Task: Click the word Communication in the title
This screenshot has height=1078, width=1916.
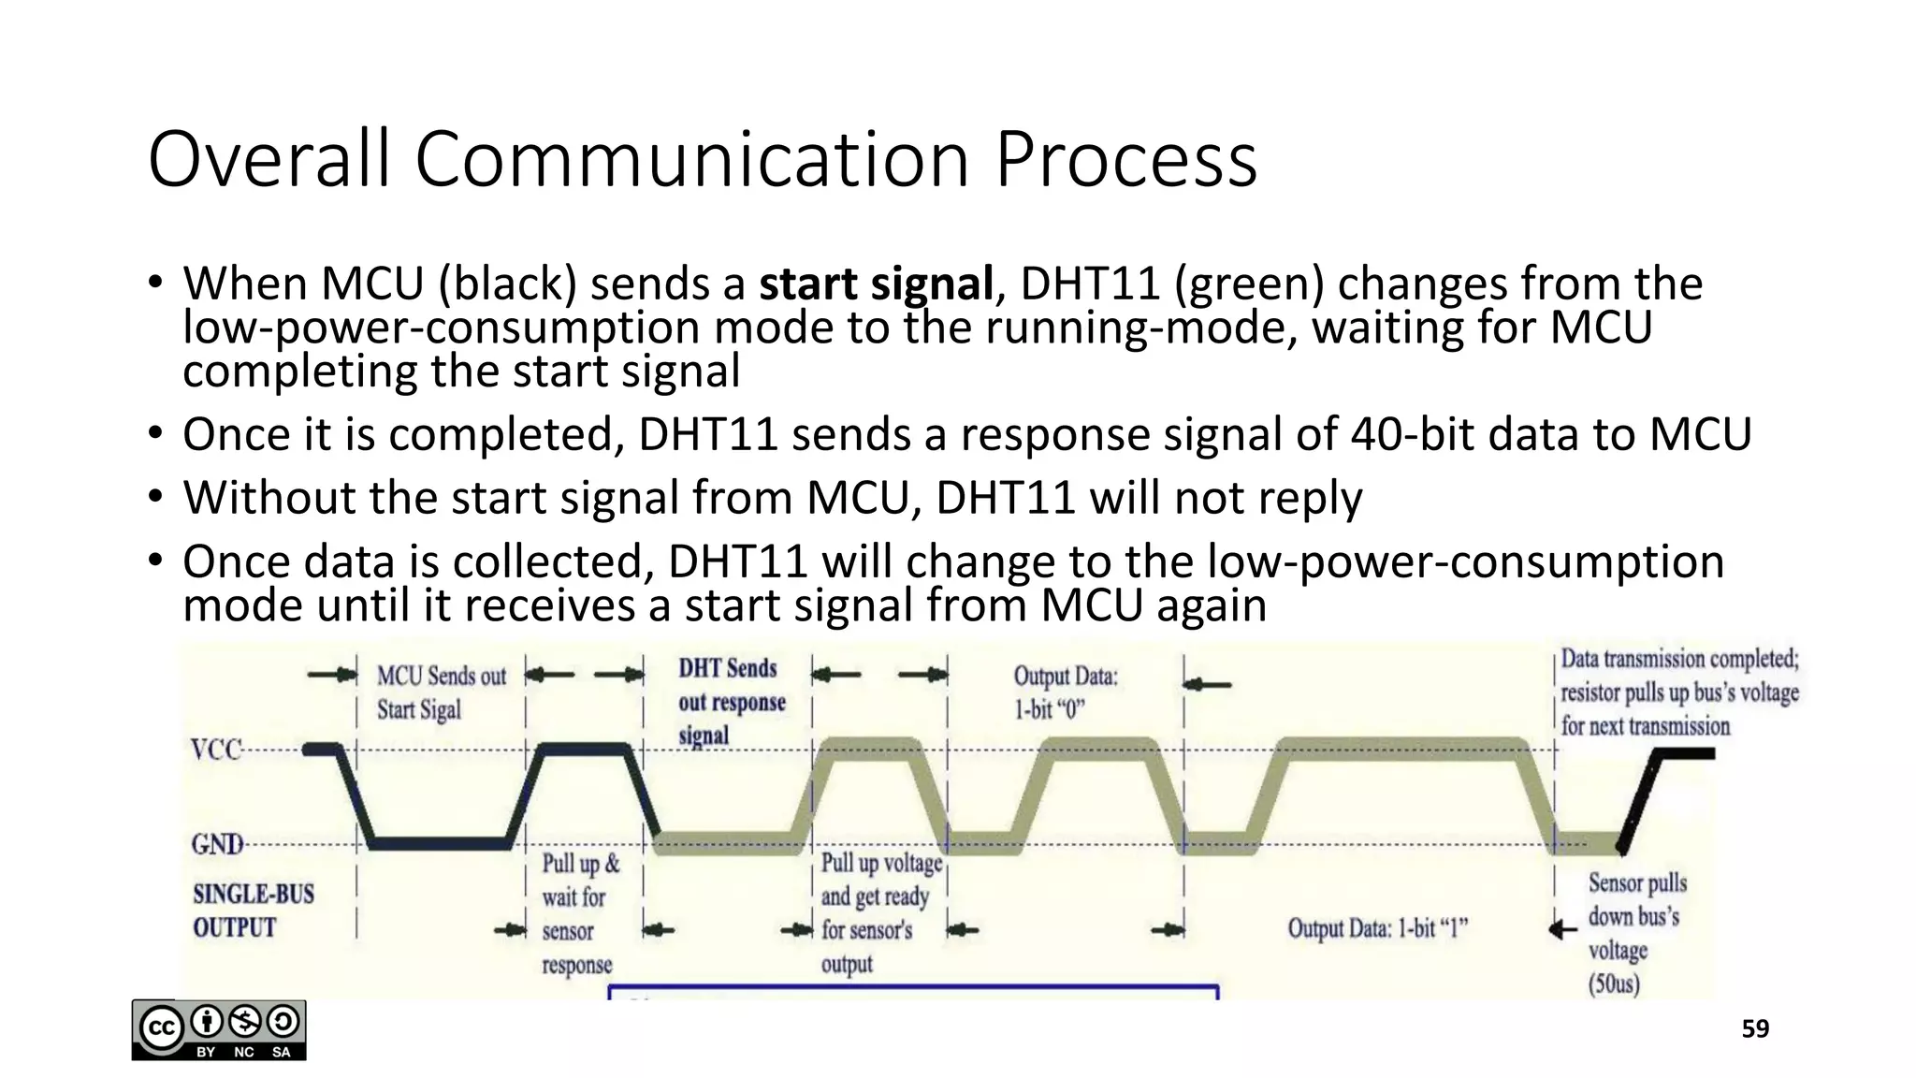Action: pos(691,159)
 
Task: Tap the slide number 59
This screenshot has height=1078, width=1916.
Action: pos(1755,1029)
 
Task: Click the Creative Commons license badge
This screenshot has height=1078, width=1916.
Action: pos(219,1030)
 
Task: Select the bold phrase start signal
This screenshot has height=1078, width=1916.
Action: pos(876,284)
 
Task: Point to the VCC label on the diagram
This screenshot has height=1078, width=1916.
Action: pos(216,750)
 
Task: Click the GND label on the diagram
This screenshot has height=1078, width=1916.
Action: pos(217,844)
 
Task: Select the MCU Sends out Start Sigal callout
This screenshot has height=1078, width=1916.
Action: pos(441,692)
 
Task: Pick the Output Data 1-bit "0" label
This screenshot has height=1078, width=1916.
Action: pos(1065,692)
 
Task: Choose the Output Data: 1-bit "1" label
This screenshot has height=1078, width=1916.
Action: pos(1377,928)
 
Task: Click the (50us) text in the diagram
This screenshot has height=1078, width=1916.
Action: pos(1614,983)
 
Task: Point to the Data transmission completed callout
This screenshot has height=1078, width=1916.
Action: pos(1679,692)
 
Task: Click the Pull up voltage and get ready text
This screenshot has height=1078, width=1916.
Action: pos(880,912)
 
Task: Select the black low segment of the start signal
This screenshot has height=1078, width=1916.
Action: pos(440,843)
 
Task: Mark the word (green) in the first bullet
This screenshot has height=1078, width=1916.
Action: pos(1249,284)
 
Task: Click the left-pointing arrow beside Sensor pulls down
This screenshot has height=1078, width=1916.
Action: pos(1563,930)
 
